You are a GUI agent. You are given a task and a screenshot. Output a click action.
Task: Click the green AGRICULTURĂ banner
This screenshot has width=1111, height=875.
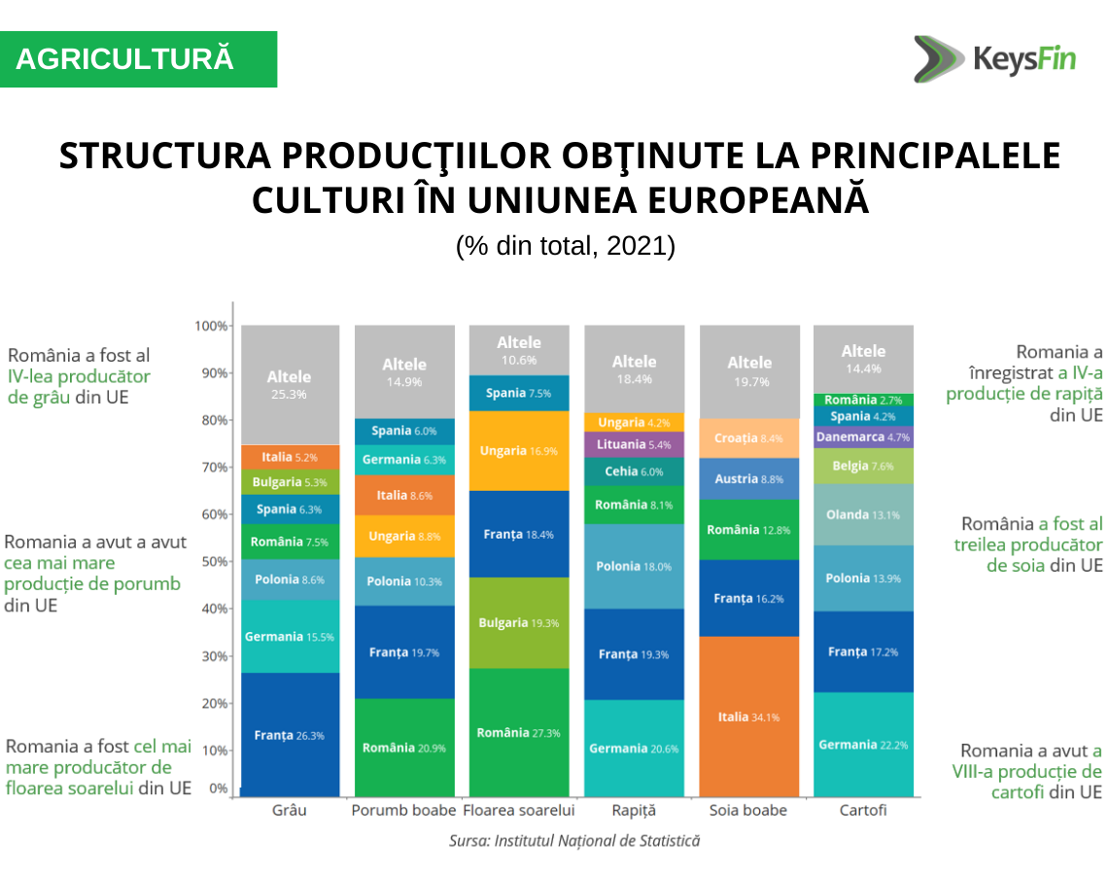[138, 59]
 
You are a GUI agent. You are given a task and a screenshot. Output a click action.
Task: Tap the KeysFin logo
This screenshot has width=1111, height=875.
[994, 58]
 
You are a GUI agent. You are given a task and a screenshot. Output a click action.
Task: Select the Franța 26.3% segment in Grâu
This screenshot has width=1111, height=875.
[290, 735]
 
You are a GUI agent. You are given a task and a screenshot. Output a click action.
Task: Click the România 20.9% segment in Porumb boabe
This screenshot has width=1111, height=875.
[404, 748]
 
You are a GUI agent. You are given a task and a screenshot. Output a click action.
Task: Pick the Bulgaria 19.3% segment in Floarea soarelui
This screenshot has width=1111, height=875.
[519, 622]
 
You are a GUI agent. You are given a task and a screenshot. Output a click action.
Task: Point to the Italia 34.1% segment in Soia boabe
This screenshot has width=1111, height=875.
[748, 717]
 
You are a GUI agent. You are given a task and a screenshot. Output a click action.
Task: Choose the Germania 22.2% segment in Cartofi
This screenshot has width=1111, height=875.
[863, 745]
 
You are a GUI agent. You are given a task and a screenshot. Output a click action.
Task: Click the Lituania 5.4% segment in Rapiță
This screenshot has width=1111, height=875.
[634, 444]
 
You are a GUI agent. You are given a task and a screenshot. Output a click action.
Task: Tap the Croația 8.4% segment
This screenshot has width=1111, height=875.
[748, 438]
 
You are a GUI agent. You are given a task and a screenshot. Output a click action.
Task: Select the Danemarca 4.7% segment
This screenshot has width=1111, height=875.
[863, 437]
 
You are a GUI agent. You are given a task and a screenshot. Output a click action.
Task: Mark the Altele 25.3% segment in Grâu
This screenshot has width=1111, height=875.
[290, 384]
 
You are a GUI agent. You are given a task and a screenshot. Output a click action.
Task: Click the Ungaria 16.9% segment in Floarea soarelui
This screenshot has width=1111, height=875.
[519, 451]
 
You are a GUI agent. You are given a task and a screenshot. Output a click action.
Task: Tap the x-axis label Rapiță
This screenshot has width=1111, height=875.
[634, 810]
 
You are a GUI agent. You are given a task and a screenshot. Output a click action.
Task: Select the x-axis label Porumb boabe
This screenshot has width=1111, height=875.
[403, 810]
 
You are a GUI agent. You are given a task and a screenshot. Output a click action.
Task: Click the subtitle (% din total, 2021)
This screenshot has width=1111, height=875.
[565, 246]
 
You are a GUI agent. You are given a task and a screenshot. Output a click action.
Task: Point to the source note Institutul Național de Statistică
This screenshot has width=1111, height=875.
[573, 840]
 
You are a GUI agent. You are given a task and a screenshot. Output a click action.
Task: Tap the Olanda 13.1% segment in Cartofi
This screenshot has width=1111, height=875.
[863, 514]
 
